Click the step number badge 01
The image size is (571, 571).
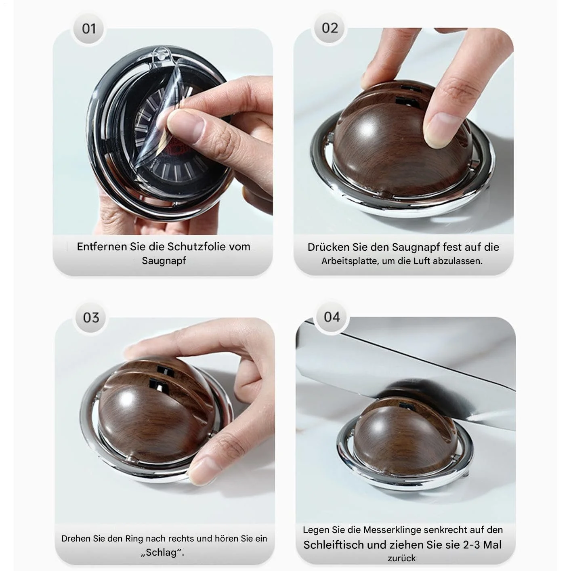(88, 29)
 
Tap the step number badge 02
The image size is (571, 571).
(330, 28)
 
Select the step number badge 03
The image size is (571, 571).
(91, 318)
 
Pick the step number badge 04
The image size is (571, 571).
(332, 317)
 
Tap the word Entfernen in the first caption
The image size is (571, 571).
(102, 247)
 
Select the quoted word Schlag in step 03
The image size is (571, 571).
(162, 552)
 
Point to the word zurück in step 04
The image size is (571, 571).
(402, 558)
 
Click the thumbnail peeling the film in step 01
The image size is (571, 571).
(187, 128)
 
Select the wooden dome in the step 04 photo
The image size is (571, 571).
(405, 436)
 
